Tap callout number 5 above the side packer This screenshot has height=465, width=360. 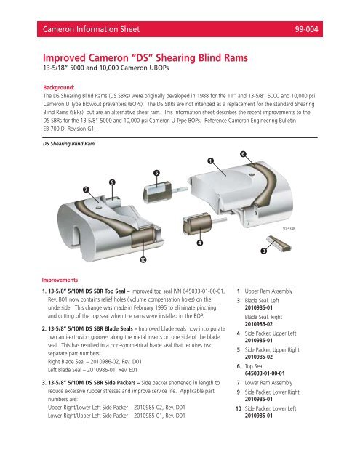(156, 172)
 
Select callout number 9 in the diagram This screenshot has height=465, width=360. (111, 181)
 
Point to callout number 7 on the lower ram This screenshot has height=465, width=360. (87, 189)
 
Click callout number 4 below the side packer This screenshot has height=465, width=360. (200, 242)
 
